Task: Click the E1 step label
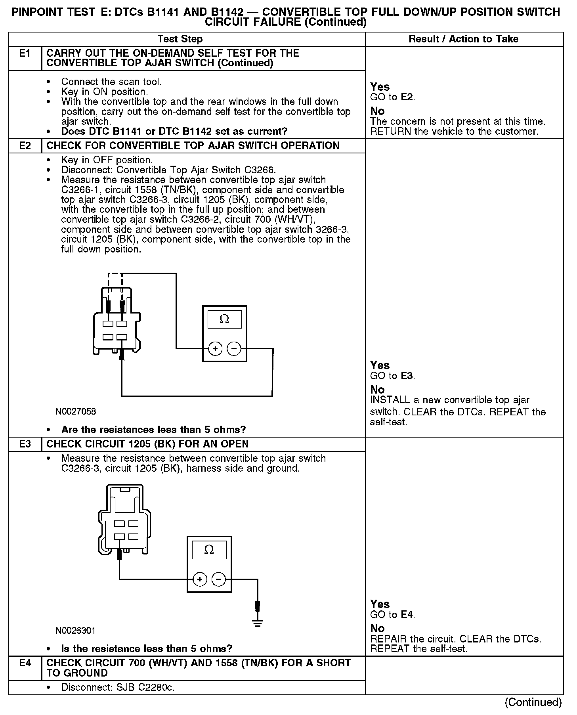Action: pyautogui.click(x=25, y=54)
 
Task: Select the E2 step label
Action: pyautogui.click(x=25, y=146)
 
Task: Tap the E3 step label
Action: pyautogui.click(x=25, y=444)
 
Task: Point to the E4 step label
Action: pyautogui.click(x=25, y=663)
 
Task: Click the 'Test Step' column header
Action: pyautogui.click(x=180, y=39)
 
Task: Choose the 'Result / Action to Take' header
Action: pyautogui.click(x=463, y=39)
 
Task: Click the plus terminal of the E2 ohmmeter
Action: pyautogui.click(x=215, y=349)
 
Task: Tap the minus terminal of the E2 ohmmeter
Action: pyautogui.click(x=234, y=349)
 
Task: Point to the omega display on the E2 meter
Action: pyautogui.click(x=224, y=319)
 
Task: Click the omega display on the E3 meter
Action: pyautogui.click(x=209, y=550)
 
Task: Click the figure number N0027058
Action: pyautogui.click(x=76, y=411)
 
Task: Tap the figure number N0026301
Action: pyautogui.click(x=75, y=631)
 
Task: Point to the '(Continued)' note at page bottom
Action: pyautogui.click(x=533, y=702)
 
